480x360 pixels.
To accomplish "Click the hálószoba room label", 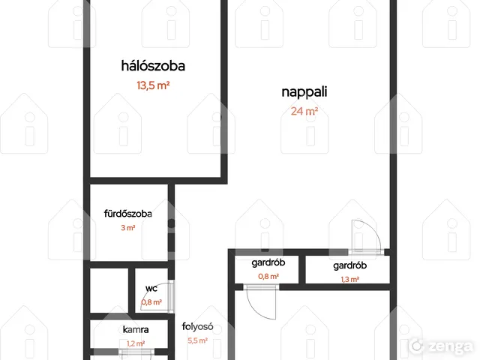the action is [153, 66].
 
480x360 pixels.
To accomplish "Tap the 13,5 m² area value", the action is [153, 85].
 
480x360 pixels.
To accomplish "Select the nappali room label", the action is [304, 92].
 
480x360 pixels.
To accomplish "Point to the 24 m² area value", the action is [304, 111].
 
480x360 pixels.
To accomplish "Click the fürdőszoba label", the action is [128, 213].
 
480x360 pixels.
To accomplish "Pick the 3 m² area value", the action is [128, 228].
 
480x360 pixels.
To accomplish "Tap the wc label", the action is [151, 288].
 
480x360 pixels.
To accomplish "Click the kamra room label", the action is [136, 330].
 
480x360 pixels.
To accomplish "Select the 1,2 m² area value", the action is [136, 343].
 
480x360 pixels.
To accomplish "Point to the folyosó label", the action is [197, 327].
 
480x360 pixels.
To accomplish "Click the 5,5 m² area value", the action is [197, 340].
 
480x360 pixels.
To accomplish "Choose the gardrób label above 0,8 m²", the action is [268, 263].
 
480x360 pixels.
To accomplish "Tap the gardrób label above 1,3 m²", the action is [350, 265].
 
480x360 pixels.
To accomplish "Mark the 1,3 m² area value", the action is [350, 280].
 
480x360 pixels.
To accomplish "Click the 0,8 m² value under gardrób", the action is [268, 277].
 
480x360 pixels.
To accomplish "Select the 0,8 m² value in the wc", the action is [151, 302].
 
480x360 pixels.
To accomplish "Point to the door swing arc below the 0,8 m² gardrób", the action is [255, 310].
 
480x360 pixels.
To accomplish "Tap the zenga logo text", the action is [450, 346].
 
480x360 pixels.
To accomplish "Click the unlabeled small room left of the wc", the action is [109, 290].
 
